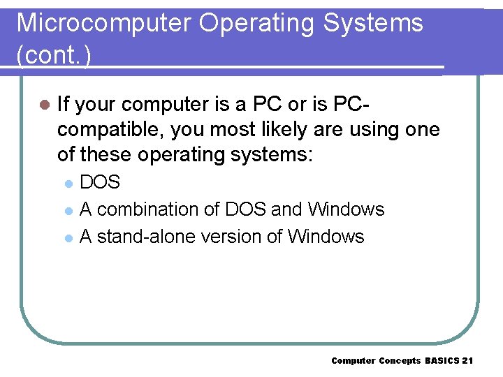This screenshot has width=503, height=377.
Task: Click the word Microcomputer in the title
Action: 103,23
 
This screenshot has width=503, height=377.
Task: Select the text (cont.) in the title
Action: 53,55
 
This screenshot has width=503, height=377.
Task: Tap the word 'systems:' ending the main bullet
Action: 269,154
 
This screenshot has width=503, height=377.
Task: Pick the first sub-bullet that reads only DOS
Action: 100,183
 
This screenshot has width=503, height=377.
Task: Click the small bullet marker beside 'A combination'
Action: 68,210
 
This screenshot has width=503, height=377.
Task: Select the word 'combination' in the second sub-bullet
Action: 158,209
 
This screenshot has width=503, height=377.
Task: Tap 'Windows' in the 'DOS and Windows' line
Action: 347,209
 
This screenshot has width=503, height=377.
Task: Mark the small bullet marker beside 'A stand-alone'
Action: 68,237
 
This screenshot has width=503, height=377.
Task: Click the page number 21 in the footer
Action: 467,360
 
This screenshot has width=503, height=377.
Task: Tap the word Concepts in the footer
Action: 400,360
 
